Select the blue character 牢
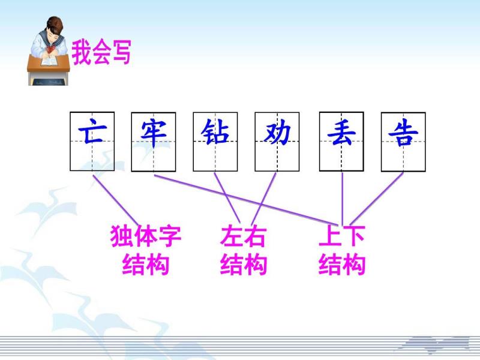[x=154, y=133]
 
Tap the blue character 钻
[x=215, y=131]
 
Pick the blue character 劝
[x=277, y=132]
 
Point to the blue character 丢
[x=341, y=132]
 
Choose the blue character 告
[x=403, y=133]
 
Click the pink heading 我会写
[x=101, y=52]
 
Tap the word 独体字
[x=146, y=236]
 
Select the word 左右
[x=244, y=236]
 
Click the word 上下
[x=342, y=236]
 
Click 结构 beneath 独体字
[x=146, y=264]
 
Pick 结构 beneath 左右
[x=244, y=264]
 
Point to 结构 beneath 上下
[x=342, y=264]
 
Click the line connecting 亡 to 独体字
[x=116, y=200]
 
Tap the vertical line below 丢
[x=342, y=199]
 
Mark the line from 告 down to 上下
[x=377, y=199]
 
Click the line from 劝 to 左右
[x=263, y=199]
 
